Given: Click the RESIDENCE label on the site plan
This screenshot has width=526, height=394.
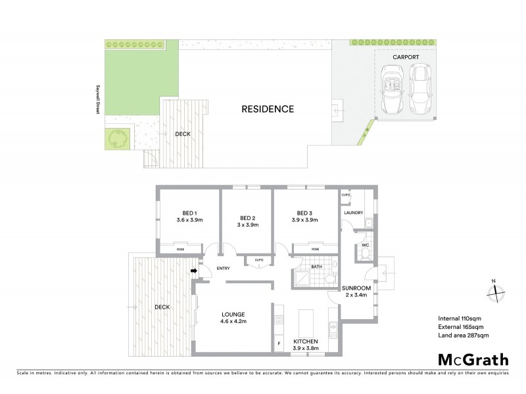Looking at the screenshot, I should (267, 109).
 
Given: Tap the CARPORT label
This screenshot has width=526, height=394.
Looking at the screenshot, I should (406, 58).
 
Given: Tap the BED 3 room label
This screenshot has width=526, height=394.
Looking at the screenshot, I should (304, 213).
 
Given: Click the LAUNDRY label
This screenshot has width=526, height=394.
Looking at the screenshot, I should (353, 213).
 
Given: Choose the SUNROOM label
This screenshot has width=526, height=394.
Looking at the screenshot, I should (357, 288).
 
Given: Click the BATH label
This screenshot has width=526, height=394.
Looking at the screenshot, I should (316, 267).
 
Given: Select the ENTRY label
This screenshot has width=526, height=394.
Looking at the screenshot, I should (223, 268).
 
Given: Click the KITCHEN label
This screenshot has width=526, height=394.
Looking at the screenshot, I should (306, 342).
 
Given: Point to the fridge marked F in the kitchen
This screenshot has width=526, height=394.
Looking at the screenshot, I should (279, 342).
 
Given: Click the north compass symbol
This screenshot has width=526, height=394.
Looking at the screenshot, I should (496, 293).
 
